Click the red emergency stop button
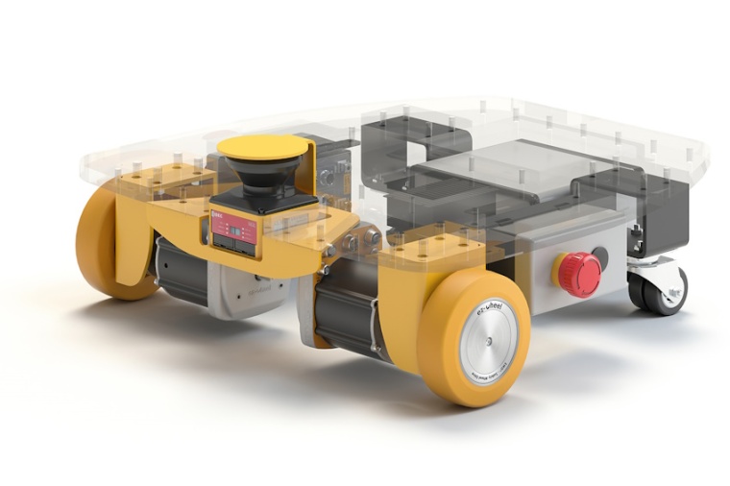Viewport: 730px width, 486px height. tap(580, 275)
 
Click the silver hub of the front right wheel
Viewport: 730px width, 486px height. tap(488, 339)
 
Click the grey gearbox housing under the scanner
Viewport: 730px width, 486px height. tap(245, 288)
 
